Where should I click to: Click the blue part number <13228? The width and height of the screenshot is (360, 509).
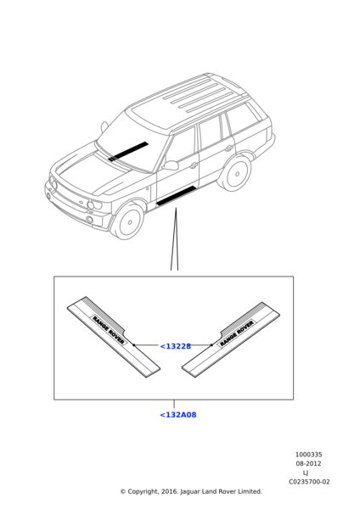(x=175, y=346)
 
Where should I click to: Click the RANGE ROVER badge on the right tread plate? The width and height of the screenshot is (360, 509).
(x=236, y=333)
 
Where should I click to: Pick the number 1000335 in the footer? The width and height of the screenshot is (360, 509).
(x=308, y=455)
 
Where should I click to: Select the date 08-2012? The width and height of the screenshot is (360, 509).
(x=308, y=464)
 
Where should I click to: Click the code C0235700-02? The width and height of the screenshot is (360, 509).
(x=308, y=482)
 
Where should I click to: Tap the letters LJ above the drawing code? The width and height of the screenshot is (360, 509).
(x=306, y=473)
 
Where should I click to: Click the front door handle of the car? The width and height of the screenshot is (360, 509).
(x=194, y=166)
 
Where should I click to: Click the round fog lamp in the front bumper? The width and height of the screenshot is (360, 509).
(x=90, y=221)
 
